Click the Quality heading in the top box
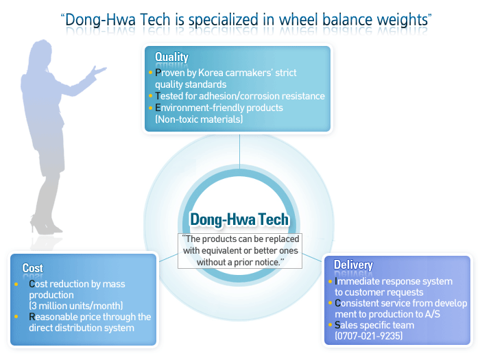pyautogui.click(x=171, y=57)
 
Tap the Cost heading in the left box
pyautogui.click(x=32, y=268)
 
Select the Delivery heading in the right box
pyautogui.click(x=353, y=265)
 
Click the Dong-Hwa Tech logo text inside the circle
pyautogui.click(x=239, y=219)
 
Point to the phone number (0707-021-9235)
pyautogui.click(x=369, y=336)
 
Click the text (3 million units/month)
pyautogui.click(x=76, y=306)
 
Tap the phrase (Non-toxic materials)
pyautogui.click(x=199, y=119)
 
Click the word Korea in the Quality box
pyautogui.click(x=211, y=73)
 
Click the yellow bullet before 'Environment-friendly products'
pyautogui.click(x=150, y=108)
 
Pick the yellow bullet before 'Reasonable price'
pyautogui.click(x=16, y=316)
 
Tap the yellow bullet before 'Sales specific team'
pyautogui.click(x=330, y=324)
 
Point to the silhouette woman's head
pyautogui.click(x=41, y=54)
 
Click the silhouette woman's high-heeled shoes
pyautogui.click(x=46, y=226)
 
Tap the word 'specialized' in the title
pyautogui.click(x=223, y=20)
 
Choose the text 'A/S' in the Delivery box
pyautogui.click(x=432, y=314)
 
